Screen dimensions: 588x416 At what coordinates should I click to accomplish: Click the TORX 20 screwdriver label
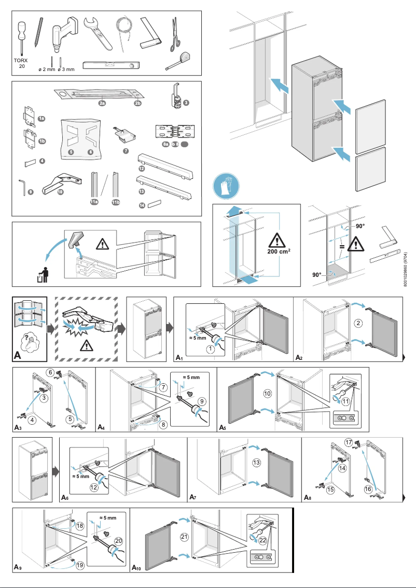click(21, 63)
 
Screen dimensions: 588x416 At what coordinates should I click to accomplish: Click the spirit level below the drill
click(113, 65)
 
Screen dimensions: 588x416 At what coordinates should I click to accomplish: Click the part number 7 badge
click(126, 151)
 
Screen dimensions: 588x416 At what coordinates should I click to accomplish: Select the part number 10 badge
click(61, 191)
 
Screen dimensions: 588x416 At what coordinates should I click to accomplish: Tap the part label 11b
click(117, 202)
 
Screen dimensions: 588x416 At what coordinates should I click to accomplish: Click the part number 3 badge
click(186, 103)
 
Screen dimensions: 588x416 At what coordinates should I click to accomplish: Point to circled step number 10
click(268, 394)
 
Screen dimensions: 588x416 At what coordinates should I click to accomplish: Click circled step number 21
click(184, 537)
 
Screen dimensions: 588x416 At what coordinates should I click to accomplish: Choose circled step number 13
click(256, 463)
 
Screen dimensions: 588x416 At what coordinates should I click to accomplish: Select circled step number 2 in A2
click(358, 324)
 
